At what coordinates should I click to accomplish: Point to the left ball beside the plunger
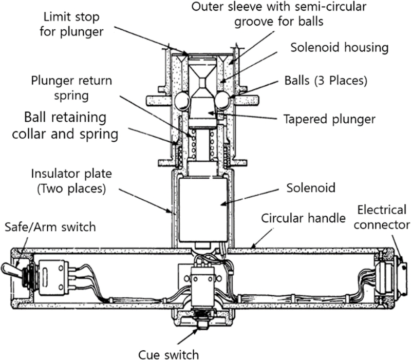[x=183, y=101]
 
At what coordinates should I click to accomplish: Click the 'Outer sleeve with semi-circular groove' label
[x=300, y=14]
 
